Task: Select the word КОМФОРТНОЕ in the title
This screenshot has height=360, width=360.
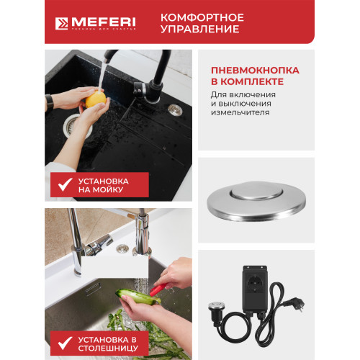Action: click(201, 17)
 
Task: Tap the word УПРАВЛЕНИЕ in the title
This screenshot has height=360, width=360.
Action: click(200, 30)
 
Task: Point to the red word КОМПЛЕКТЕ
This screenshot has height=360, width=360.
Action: click(243, 82)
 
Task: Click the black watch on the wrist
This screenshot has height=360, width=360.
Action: click(50, 104)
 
